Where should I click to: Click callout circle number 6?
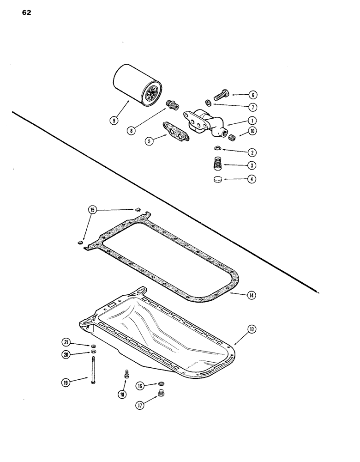tap(252, 95)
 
